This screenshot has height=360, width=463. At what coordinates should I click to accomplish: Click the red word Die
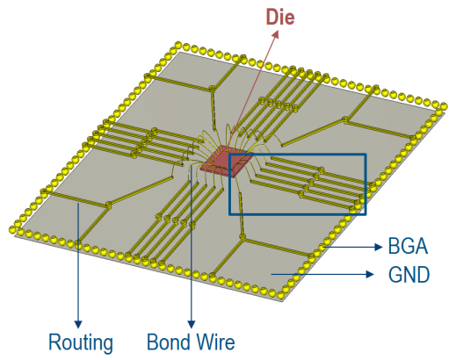tap(280, 17)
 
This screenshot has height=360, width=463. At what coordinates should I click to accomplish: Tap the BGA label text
tap(408, 246)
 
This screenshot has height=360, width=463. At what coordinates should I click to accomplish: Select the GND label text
tap(409, 275)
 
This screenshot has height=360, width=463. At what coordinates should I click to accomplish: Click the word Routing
tap(81, 343)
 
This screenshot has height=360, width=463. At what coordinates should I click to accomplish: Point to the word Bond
tap(169, 342)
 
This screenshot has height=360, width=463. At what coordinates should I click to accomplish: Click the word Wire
tap(215, 342)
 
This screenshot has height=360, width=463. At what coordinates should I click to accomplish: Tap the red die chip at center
tap(226, 162)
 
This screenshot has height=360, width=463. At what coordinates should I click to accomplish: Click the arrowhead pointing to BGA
tap(379, 247)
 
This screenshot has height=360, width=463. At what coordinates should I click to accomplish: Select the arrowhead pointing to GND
tap(370, 275)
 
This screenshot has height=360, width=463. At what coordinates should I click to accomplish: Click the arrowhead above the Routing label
tap(78, 324)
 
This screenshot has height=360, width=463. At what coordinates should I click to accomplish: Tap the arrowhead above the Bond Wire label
tap(192, 324)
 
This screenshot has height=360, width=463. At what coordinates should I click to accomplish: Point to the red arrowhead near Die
tap(276, 34)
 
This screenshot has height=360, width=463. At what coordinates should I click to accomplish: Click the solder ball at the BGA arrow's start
tap(322, 246)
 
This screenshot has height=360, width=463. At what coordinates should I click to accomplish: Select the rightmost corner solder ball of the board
tap(443, 106)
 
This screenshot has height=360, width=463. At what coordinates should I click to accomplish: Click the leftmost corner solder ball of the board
tap(12, 229)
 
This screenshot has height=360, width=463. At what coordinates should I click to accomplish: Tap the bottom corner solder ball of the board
tap(280, 294)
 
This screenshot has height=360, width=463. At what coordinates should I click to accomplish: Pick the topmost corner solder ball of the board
tap(177, 45)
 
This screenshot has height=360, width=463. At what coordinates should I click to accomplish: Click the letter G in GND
tap(395, 275)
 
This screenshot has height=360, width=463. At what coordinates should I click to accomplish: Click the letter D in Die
tap(272, 17)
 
